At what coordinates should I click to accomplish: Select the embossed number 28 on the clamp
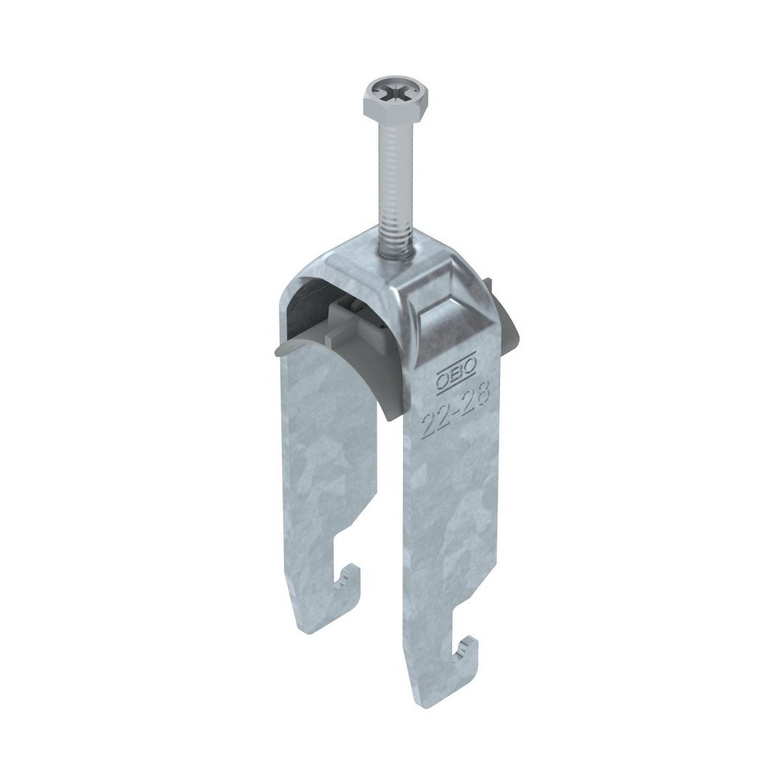475,395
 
